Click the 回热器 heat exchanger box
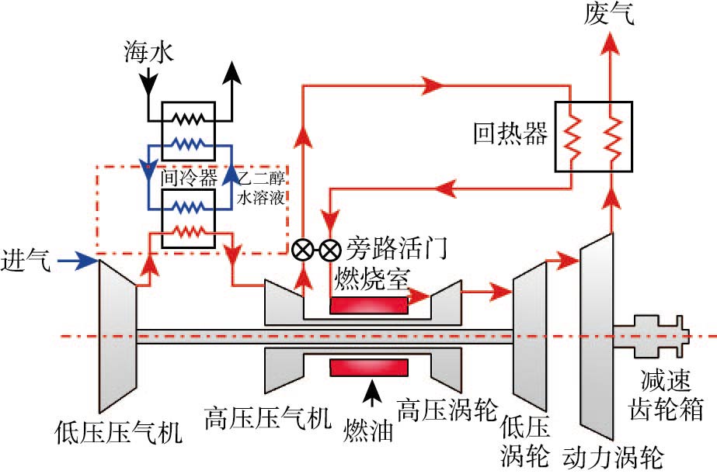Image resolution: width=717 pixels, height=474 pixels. (592, 137)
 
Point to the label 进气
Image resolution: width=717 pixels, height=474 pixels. (26, 259)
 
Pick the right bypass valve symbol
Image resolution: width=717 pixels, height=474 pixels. (331, 250)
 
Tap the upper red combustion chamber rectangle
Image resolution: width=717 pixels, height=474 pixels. (368, 304)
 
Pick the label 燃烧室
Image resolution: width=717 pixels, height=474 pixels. (369, 276)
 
